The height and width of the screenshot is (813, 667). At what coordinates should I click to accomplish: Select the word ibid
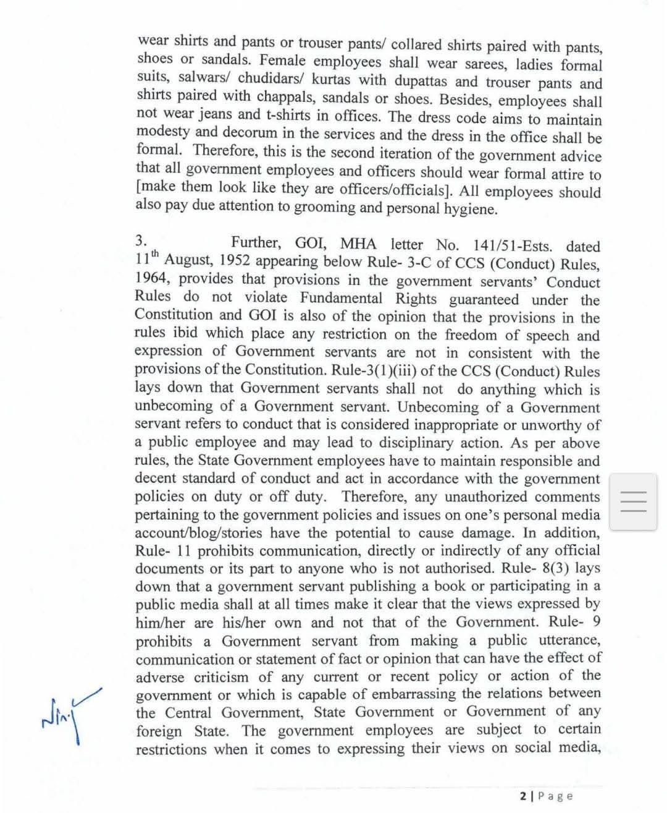(186, 333)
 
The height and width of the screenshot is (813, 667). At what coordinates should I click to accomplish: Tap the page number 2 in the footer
(523, 796)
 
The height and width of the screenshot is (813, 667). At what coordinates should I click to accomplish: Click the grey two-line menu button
(632, 501)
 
